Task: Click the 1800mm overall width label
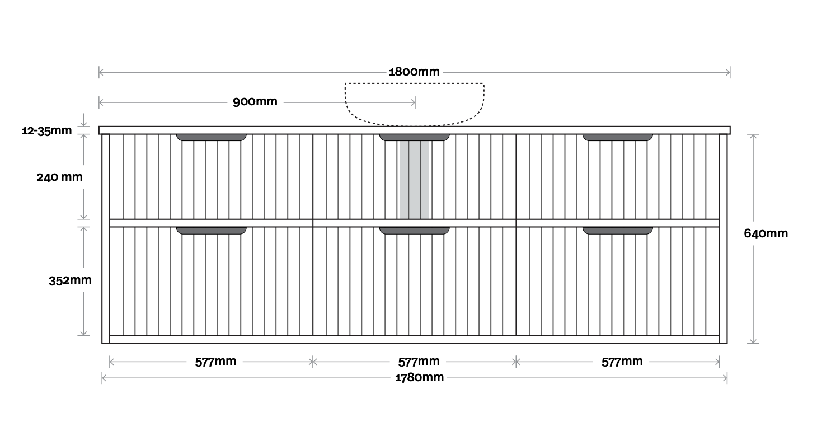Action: [414, 72]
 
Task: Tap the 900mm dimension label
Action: [255, 102]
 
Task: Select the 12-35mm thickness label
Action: [47, 131]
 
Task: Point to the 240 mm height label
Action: [59, 177]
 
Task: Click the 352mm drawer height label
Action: [70, 280]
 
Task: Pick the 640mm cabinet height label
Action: [766, 233]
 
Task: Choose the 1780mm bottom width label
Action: [419, 377]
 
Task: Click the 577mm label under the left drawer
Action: [215, 362]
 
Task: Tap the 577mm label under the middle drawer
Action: [419, 362]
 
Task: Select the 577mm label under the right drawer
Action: [622, 362]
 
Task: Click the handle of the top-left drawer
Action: [212, 137]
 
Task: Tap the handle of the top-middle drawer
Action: [415, 137]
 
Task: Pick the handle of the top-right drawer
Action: [618, 137]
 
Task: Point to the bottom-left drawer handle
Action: [212, 230]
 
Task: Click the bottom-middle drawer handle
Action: [415, 230]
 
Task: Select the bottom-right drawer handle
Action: [618, 230]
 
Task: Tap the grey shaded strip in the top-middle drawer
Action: [414, 179]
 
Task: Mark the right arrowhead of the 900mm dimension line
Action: [414, 102]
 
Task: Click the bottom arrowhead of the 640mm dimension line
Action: [754, 341]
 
